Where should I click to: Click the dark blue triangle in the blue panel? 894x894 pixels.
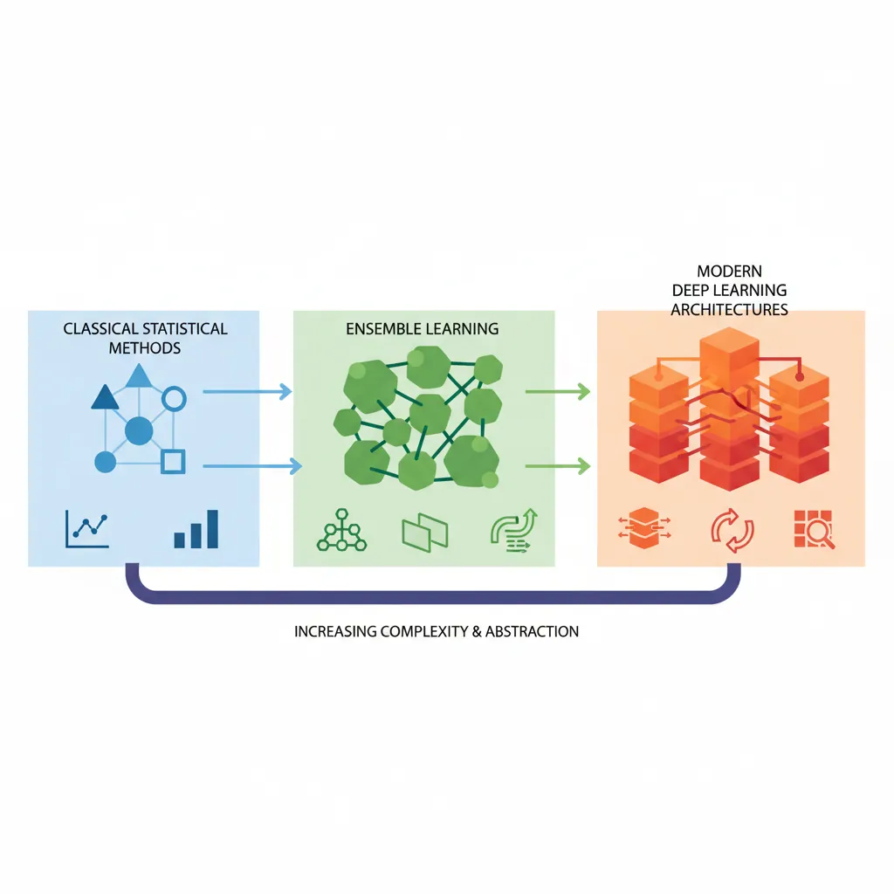pos(105,398)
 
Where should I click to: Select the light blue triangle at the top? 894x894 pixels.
pos(138,376)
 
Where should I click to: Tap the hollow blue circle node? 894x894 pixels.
pos(175,400)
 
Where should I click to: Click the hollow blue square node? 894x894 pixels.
pos(174,461)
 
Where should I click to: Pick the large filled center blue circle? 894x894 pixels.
pos(138,430)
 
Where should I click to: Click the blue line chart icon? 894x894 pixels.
pos(87,527)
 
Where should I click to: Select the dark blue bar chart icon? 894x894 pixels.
pos(196,528)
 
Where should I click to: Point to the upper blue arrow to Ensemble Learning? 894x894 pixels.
pos(247,392)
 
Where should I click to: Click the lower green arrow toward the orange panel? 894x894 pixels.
pos(557,467)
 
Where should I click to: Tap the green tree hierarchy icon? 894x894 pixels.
pos(337,530)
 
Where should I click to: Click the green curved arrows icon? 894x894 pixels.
pos(515,529)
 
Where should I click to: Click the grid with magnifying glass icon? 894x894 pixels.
pos(815,529)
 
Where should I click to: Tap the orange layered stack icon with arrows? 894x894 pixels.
pos(643,530)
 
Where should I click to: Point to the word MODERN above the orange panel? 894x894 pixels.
pos(730,272)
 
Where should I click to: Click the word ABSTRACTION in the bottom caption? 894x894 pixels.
pos(533,631)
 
